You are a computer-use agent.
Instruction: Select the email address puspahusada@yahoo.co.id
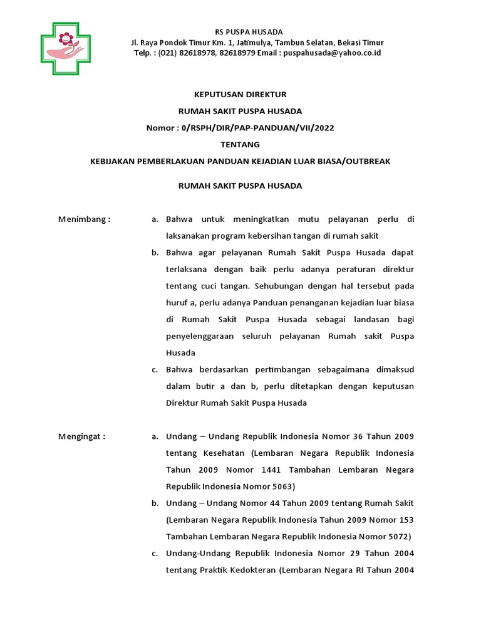[332, 53]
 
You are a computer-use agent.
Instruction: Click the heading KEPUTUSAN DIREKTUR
[240, 94]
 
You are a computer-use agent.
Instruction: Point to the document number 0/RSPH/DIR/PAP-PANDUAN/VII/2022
[257, 128]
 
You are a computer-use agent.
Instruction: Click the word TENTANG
[240, 144]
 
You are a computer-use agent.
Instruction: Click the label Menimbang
[84, 219]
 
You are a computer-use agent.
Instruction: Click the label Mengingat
[82, 436]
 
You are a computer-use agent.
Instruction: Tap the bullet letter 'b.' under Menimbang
[155, 253]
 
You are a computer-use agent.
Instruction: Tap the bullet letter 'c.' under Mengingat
[155, 554]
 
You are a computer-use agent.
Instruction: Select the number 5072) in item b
[396, 537]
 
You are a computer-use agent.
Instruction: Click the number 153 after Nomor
[405, 520]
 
